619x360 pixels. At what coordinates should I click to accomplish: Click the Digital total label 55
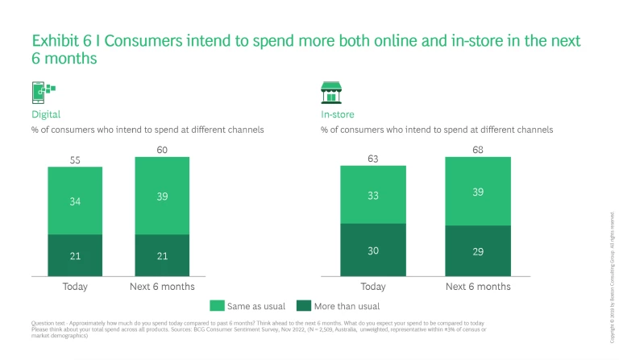75,160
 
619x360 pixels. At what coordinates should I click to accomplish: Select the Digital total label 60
162,150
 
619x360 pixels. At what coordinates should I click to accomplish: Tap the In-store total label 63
372,159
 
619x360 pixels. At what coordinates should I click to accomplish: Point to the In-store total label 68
477,150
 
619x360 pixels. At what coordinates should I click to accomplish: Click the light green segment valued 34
75,201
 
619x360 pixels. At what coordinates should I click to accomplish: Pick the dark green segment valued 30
372,250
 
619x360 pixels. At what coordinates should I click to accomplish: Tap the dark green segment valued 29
477,251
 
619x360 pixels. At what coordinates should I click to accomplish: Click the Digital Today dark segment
75,255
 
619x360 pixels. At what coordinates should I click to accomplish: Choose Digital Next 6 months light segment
162,196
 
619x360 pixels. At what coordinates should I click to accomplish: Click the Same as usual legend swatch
217,306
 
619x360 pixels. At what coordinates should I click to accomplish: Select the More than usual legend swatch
304,306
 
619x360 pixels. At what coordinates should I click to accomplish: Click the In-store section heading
337,114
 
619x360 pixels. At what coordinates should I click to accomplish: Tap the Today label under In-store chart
372,287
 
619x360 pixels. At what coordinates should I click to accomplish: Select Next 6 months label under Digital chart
162,287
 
